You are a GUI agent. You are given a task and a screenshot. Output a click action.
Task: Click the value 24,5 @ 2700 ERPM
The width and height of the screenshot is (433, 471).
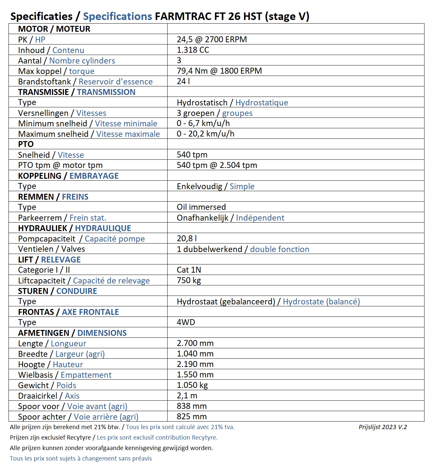click(212, 40)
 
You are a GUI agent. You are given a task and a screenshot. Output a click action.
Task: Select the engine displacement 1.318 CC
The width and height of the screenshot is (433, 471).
click(193, 50)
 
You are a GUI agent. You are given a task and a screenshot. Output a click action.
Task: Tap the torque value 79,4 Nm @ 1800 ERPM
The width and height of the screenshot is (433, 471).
click(219, 71)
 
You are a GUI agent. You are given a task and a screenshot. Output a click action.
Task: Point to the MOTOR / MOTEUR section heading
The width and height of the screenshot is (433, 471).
click(54, 29)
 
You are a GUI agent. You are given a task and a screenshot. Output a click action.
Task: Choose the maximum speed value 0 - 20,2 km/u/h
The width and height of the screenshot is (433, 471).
click(206, 134)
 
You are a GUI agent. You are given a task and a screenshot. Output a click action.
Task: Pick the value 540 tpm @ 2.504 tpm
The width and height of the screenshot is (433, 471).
click(217, 165)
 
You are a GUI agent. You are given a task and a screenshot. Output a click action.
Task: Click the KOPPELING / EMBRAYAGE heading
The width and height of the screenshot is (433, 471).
click(68, 176)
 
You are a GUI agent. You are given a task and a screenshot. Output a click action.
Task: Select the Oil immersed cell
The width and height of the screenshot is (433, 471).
click(201, 207)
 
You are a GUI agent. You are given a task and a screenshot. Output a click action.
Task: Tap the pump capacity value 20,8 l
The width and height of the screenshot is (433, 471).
click(187, 239)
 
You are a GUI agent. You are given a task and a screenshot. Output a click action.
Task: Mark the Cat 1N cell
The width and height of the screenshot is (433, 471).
click(189, 270)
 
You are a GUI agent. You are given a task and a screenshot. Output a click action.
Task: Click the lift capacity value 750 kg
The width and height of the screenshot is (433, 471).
click(189, 281)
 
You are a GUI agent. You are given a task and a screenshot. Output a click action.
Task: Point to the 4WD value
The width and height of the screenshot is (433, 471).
click(186, 322)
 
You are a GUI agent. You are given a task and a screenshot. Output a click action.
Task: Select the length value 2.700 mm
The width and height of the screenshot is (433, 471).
click(195, 343)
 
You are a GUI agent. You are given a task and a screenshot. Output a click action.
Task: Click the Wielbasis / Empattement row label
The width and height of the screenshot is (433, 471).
click(65, 375)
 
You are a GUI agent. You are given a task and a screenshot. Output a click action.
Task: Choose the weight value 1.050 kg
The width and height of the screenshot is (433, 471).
click(192, 385)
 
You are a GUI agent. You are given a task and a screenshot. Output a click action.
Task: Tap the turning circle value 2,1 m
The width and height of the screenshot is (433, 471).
click(187, 396)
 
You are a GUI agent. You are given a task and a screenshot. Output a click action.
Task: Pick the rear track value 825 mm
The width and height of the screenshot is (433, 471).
click(191, 417)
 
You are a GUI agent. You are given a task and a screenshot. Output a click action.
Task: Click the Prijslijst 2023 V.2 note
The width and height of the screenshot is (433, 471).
click(383, 427)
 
